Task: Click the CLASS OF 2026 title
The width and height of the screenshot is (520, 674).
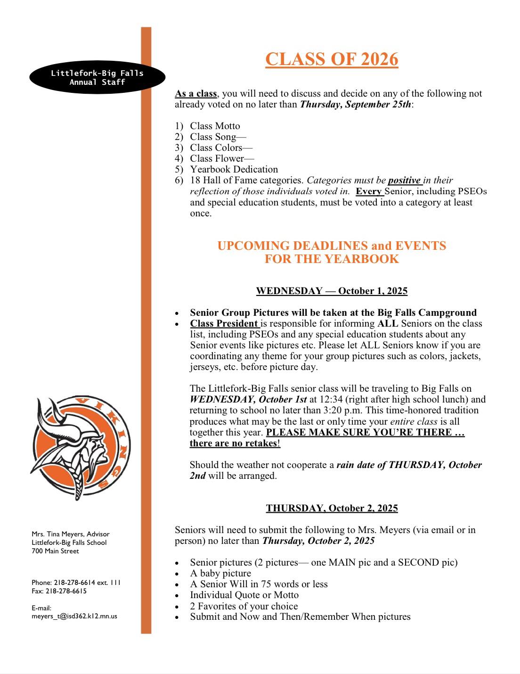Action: [x=332, y=59]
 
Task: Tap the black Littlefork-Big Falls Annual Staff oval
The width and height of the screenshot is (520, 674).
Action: [x=97, y=77]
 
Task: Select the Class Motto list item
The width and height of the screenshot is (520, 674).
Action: [x=215, y=126]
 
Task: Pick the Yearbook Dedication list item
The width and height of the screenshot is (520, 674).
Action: [x=234, y=169]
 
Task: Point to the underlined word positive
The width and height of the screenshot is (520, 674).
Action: [x=404, y=180]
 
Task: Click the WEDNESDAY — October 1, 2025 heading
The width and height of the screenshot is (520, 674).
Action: [x=332, y=291]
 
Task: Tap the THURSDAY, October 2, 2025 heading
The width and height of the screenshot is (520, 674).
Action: [x=332, y=508]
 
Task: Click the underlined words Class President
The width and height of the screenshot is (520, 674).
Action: [x=224, y=323]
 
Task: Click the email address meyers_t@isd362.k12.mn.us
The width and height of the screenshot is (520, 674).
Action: [x=74, y=616]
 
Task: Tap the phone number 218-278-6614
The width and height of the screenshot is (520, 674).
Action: [x=74, y=583]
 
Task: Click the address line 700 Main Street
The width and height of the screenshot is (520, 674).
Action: [x=55, y=551]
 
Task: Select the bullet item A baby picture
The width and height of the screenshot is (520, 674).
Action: [x=220, y=573]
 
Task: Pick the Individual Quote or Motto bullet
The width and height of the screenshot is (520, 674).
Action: [x=244, y=595]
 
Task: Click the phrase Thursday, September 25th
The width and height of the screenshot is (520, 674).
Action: [x=356, y=104]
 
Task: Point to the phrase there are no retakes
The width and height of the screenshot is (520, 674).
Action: [x=234, y=443]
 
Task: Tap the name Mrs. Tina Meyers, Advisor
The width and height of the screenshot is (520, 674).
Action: [x=70, y=534]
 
